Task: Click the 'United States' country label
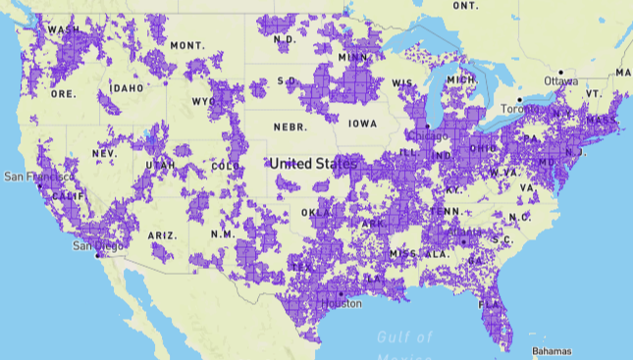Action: pyautogui.click(x=314, y=163)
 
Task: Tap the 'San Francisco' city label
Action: pyautogui.click(x=35, y=177)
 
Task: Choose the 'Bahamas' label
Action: pyautogui.click(x=550, y=350)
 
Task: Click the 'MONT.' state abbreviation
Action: pyautogui.click(x=186, y=46)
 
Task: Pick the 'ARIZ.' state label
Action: pyautogui.click(x=162, y=235)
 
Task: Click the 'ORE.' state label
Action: pyautogui.click(x=63, y=94)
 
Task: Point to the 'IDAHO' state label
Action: pyautogui.click(x=128, y=87)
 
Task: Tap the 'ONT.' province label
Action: pyautogui.click(x=465, y=6)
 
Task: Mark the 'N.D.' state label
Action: pyautogui.click(x=285, y=40)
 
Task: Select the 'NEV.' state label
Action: pyautogui.click(x=104, y=154)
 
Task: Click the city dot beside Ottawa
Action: pyautogui.click(x=561, y=73)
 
